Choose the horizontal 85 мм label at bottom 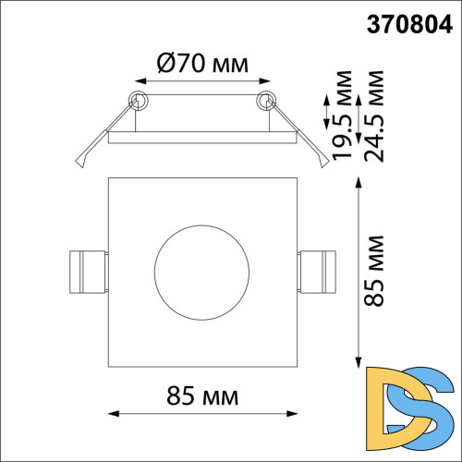(202, 397)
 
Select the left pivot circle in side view (139, 100)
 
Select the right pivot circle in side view (267, 100)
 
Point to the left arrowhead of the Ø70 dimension (140, 82)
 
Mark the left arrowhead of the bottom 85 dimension (114, 413)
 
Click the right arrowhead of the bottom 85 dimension (295, 413)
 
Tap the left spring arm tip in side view (79, 163)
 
